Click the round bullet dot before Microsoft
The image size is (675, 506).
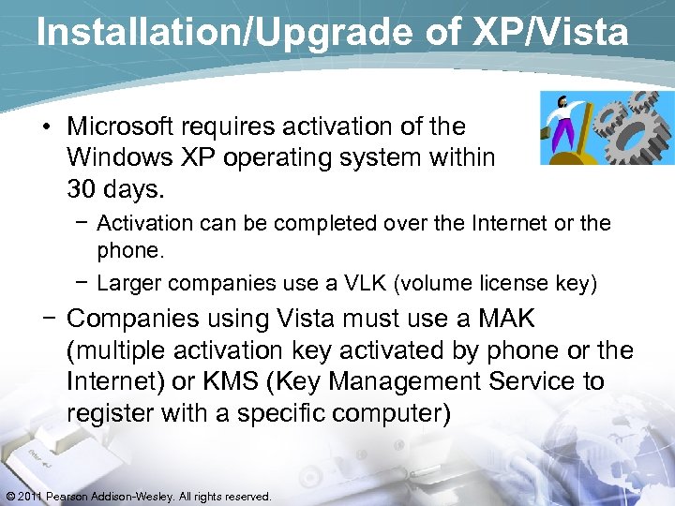48,126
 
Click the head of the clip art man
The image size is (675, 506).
562,101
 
